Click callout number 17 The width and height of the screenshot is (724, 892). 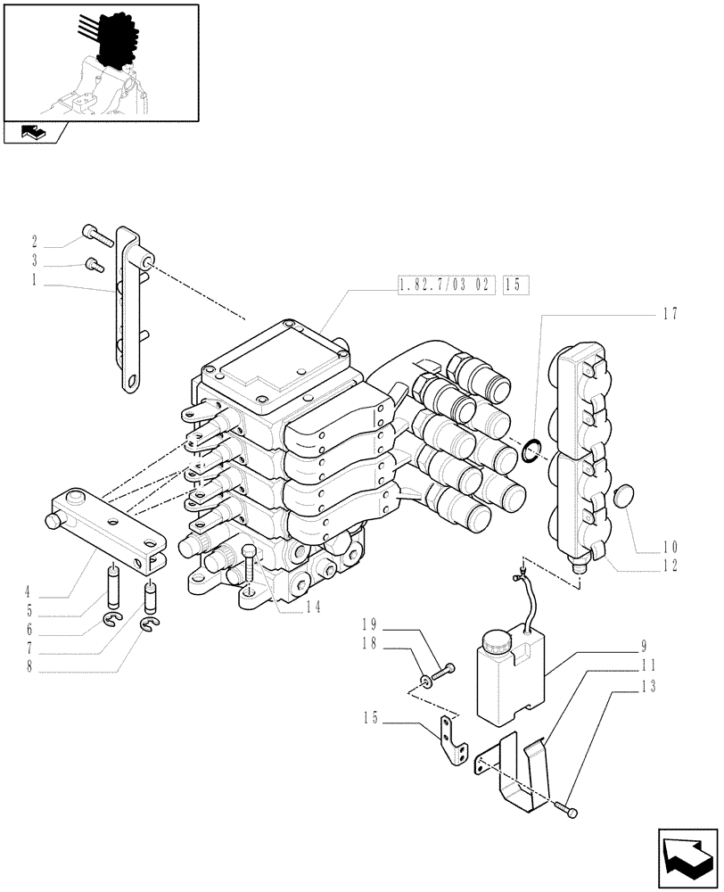click(671, 314)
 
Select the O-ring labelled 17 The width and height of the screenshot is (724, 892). click(530, 451)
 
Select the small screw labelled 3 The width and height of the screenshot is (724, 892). click(92, 264)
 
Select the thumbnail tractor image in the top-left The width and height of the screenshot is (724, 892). click(101, 62)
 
